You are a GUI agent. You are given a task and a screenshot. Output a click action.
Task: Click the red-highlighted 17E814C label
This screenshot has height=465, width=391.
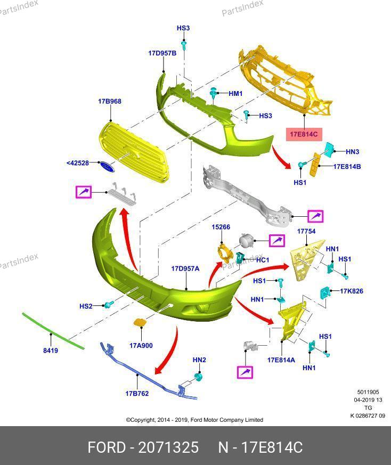(304, 134)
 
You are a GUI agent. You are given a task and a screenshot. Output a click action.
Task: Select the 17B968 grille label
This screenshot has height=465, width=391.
(110, 101)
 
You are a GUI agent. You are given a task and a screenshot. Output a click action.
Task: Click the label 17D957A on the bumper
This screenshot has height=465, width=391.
(185, 268)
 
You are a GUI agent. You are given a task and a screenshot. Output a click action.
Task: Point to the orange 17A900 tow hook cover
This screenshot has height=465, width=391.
(140, 322)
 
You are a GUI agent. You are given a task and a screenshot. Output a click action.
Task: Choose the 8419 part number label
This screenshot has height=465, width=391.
(51, 350)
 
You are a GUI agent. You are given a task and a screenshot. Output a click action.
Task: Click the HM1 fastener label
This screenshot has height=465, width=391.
(235, 94)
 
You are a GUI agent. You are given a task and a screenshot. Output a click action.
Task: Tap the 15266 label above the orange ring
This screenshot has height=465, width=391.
(221, 227)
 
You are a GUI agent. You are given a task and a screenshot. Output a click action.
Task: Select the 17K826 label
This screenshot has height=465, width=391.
(352, 291)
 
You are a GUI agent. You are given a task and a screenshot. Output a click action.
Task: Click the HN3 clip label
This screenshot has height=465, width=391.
(353, 152)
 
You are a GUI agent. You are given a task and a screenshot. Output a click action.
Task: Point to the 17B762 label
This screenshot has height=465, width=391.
(137, 394)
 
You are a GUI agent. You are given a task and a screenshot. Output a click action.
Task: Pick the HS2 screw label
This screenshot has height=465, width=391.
(86, 306)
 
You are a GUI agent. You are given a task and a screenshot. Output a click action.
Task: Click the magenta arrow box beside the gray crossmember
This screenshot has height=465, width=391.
(315, 216)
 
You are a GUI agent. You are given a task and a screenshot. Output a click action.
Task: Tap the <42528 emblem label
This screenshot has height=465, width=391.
(78, 163)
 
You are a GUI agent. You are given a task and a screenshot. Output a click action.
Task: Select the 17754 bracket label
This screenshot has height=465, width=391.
(306, 231)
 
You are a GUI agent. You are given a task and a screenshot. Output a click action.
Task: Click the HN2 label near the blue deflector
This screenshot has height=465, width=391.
(199, 360)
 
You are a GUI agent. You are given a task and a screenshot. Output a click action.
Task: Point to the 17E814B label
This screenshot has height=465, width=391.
(347, 167)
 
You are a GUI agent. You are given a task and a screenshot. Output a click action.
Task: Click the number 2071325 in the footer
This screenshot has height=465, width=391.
(168, 447)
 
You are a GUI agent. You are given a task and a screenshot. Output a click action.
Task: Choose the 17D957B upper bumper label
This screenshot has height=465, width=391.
(162, 53)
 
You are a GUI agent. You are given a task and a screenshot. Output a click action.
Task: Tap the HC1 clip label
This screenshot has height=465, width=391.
(263, 260)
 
